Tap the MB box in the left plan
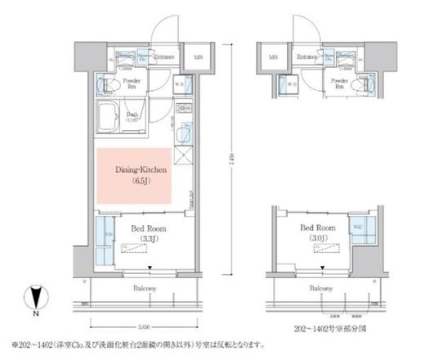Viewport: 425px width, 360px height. (198, 58)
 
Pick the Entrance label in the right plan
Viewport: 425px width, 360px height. (307, 57)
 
